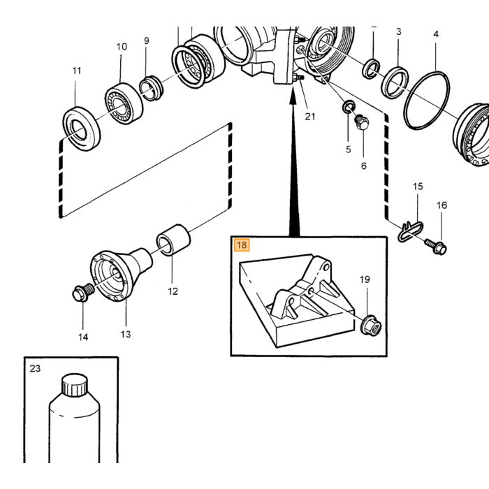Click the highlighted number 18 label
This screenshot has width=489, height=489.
coord(242,245)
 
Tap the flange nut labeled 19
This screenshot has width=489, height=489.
coord(371,326)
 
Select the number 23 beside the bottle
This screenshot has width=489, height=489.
coord(35,368)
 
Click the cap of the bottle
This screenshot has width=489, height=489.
coord(74,386)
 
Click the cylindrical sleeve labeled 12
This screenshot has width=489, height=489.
coord(173,240)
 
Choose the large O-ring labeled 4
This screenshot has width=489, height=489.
coord(426,100)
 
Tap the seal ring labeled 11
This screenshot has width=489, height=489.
coord(82,129)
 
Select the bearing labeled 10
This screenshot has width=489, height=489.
coord(124,103)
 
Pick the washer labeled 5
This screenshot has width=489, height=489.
coord(349,107)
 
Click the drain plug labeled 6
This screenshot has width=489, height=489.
coord(362,122)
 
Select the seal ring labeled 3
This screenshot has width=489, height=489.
coord(395,82)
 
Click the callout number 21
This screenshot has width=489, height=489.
coord(310,117)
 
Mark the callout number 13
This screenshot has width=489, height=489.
coord(125,335)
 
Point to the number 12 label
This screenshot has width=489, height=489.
coord(173,291)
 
